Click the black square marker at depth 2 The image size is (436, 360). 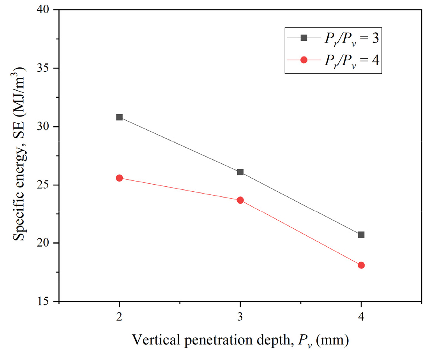[x=119, y=117]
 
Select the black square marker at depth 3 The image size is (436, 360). [x=240, y=172]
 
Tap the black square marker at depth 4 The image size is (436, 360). [x=361, y=235]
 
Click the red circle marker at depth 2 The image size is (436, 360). [x=119, y=178]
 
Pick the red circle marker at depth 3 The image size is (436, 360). [x=240, y=200]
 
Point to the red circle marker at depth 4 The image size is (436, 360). [x=361, y=265]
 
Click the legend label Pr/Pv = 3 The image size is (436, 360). [x=351, y=38]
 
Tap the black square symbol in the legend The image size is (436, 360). [x=304, y=38]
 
